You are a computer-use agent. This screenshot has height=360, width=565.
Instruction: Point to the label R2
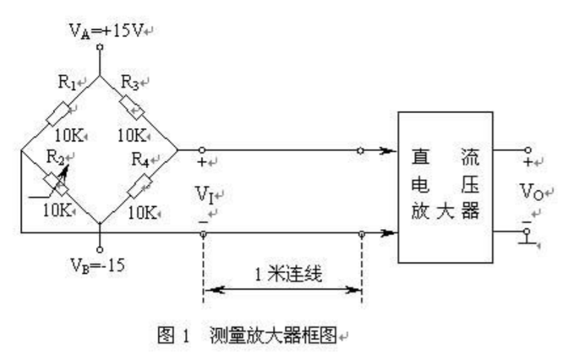pyautogui.click(x=54, y=157)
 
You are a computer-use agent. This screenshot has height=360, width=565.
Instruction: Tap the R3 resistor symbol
pyautogui.click(x=138, y=112)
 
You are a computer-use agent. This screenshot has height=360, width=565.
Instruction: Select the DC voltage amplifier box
pyautogui.click(x=445, y=186)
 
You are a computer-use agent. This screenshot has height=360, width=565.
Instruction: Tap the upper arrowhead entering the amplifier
pyautogui.click(x=388, y=150)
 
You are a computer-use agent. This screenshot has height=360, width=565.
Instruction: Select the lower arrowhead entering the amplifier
pyautogui.click(x=388, y=234)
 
